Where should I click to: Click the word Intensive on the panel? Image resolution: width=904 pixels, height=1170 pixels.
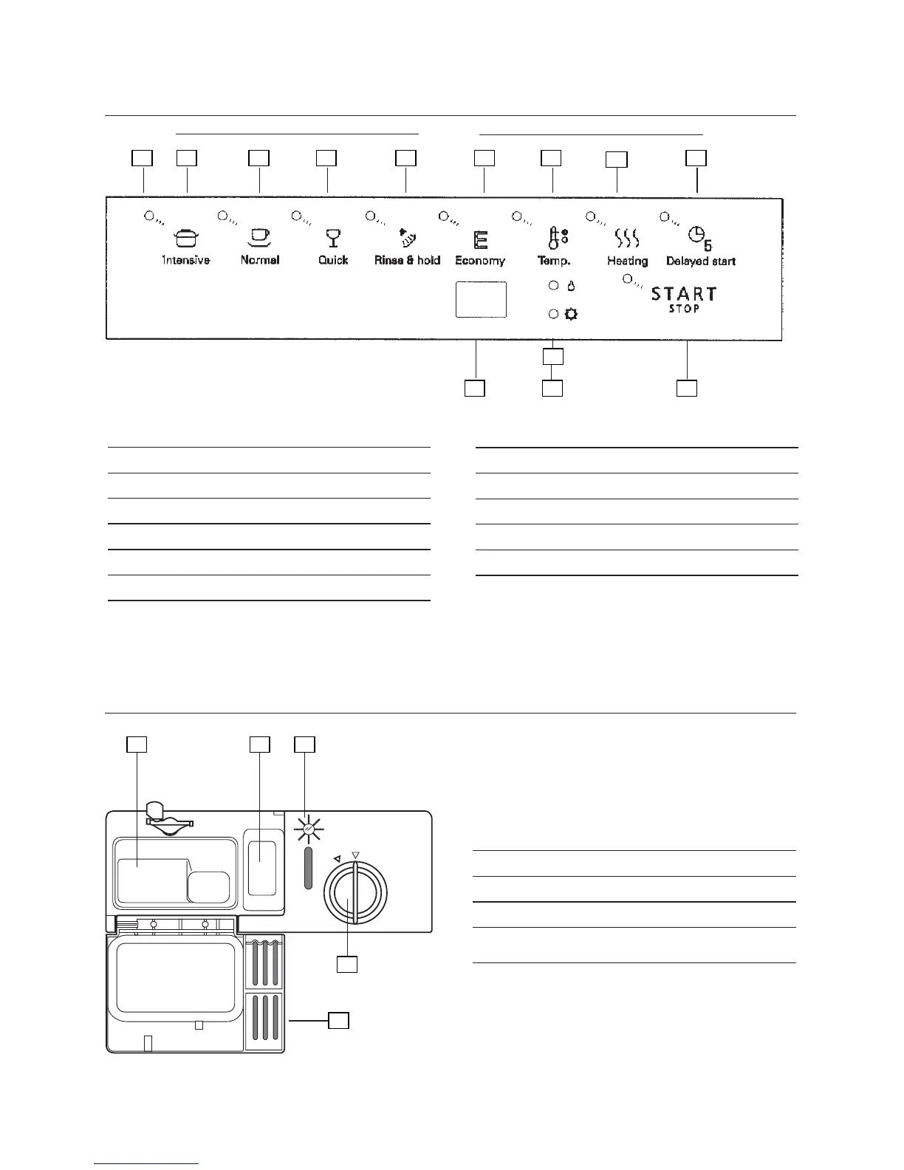pos(186,260)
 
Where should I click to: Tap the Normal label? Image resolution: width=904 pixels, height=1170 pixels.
pos(260,260)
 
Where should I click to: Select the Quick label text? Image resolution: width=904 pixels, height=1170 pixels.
pos(333,260)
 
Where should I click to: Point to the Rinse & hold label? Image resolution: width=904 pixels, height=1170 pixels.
pos(407,260)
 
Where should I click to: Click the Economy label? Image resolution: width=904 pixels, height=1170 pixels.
pos(480,260)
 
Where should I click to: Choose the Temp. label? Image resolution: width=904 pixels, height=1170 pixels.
pos(554,261)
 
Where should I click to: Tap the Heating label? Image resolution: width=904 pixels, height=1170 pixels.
pos(627,261)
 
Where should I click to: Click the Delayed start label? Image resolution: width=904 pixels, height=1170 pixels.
pos(701,261)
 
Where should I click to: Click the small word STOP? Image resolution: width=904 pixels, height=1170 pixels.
pos(684,309)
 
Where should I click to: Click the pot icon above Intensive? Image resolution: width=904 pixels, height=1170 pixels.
pos(186,238)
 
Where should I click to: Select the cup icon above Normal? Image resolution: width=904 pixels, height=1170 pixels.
pos(258,236)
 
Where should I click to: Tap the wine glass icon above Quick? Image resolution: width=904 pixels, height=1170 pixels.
pos(334,237)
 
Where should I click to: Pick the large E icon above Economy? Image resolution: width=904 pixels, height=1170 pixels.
pos(481,240)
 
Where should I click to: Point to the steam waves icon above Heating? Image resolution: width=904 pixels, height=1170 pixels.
pos(627,238)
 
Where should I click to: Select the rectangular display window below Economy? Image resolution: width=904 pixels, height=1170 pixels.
pos(481,299)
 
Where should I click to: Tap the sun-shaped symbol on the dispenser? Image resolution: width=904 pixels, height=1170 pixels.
pos(309,832)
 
